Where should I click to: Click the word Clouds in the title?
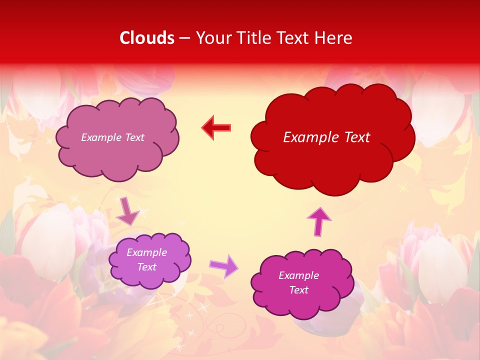tap(147, 38)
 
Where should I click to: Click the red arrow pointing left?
tap(216, 128)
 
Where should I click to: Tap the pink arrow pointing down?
tap(127, 211)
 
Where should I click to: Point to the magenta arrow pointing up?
tap(318, 221)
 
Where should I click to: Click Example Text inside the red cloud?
tap(326, 137)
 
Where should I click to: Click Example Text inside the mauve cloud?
tap(112, 137)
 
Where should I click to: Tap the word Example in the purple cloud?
tap(146, 252)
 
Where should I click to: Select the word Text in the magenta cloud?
tap(298, 290)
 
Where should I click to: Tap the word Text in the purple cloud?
tap(146, 267)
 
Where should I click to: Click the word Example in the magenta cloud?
tap(298, 275)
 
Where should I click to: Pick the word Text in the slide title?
tap(295, 38)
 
